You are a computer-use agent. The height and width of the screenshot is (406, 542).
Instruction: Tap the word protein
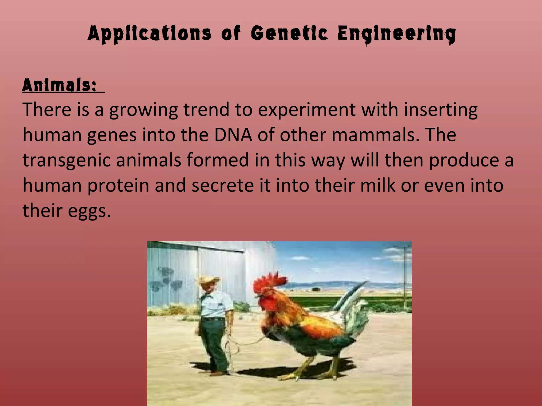(118, 186)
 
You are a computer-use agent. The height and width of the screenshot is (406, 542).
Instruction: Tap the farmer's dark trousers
(213, 341)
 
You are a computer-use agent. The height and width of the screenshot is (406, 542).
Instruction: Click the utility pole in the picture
(405, 275)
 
